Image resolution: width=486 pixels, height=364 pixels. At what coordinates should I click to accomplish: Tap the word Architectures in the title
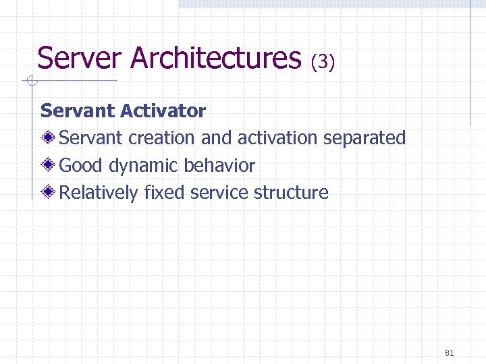pos(215,58)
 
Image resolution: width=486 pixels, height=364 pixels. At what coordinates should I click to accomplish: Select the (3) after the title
pos(323,62)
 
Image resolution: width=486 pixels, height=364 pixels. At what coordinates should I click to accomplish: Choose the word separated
pos(364,138)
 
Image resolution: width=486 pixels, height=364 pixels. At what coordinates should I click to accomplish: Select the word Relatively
pos(99,193)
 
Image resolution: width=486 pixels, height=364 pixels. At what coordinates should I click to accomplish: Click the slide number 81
pos(450,353)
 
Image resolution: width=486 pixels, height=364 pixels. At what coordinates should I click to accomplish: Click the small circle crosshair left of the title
pos(30,82)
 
